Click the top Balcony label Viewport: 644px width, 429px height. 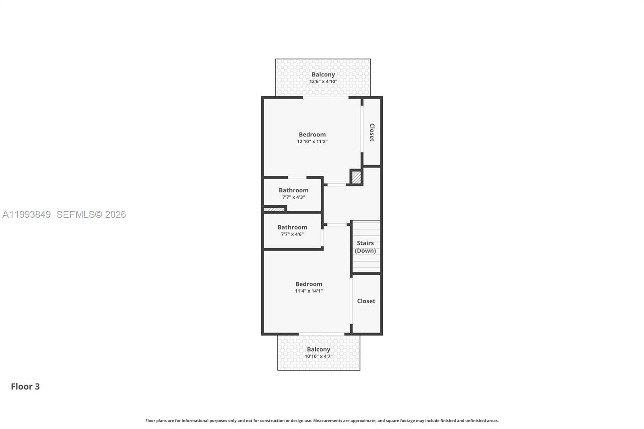[323, 74]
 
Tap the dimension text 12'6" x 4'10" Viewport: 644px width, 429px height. [323, 81]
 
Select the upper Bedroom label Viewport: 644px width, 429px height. [312, 134]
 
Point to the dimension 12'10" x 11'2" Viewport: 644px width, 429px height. [312, 142]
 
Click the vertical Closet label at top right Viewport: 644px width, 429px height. [372, 132]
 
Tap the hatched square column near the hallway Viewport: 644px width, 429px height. [356, 177]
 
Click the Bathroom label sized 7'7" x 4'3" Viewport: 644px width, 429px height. [293, 190]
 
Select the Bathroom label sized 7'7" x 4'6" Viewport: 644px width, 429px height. [292, 227]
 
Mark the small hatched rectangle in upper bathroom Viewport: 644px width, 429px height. [274, 209]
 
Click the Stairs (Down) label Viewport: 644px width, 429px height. [365, 247]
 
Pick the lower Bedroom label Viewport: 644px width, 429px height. [309, 284]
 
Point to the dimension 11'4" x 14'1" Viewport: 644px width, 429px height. [309, 291]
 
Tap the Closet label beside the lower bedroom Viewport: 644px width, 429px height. [366, 301]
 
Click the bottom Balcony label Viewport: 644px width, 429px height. [318, 349]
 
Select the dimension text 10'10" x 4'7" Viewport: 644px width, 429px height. [318, 357]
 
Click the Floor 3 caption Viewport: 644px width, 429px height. [25, 386]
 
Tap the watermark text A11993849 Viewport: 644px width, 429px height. [27, 214]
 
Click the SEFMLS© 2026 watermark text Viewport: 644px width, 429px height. [91, 214]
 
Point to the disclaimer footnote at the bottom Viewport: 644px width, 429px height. [322, 421]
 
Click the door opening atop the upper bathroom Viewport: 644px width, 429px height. [297, 177]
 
